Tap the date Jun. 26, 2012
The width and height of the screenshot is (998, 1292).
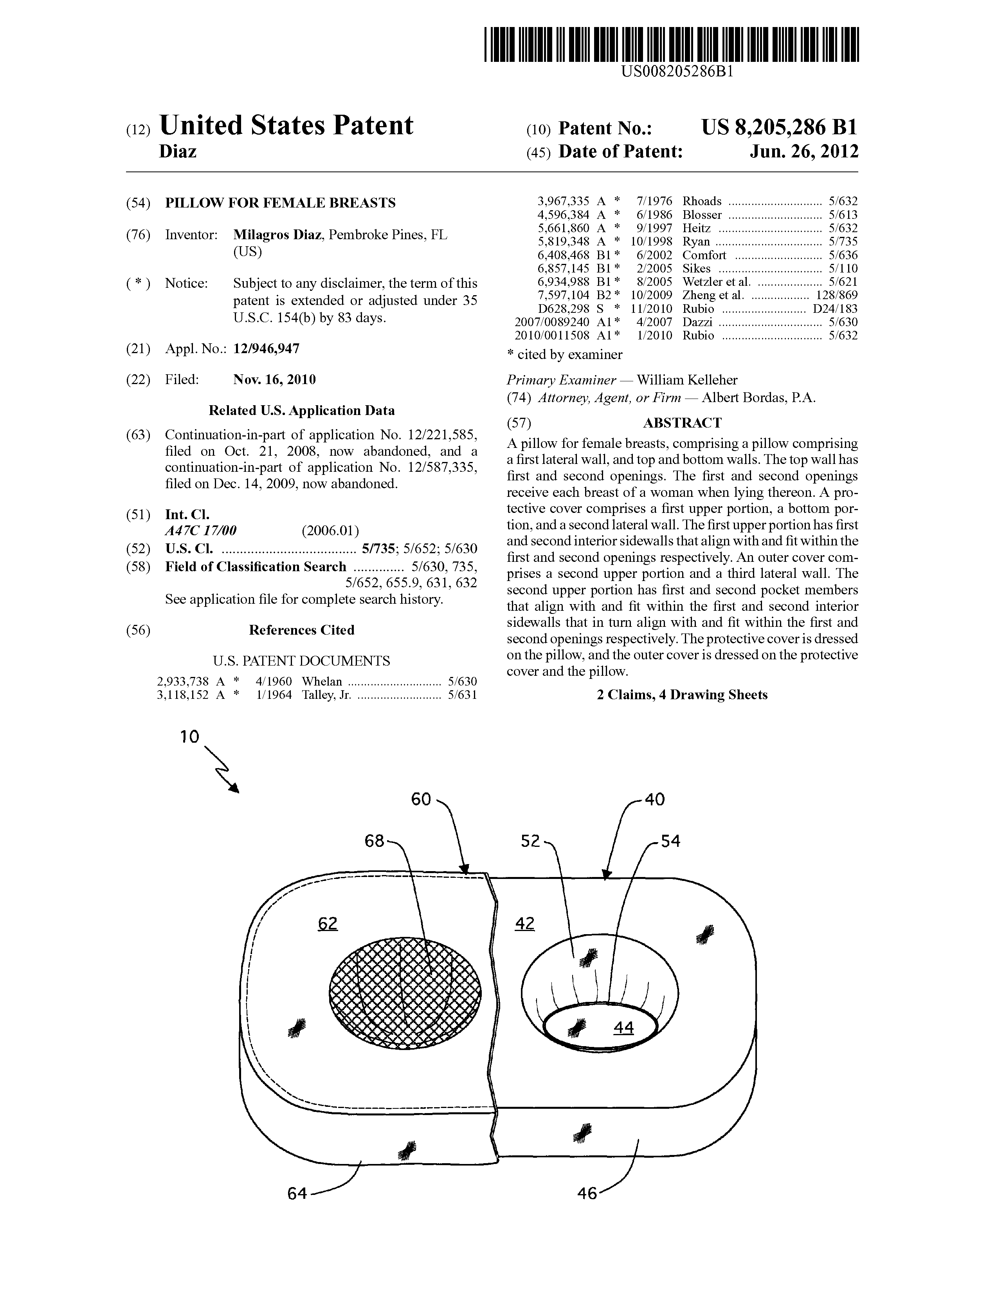(x=804, y=152)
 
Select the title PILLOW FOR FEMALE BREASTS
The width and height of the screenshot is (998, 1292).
(x=280, y=203)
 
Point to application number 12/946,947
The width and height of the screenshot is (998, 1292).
(x=267, y=348)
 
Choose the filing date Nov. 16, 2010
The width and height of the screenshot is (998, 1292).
(x=274, y=379)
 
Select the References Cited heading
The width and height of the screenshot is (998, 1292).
(x=301, y=630)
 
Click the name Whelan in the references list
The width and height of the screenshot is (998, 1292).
(x=322, y=681)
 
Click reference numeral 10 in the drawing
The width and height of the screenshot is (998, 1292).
(x=190, y=736)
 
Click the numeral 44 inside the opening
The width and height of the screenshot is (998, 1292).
(x=623, y=1028)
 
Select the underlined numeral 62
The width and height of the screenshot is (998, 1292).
(x=328, y=924)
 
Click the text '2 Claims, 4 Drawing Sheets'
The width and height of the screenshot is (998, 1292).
(x=682, y=695)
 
